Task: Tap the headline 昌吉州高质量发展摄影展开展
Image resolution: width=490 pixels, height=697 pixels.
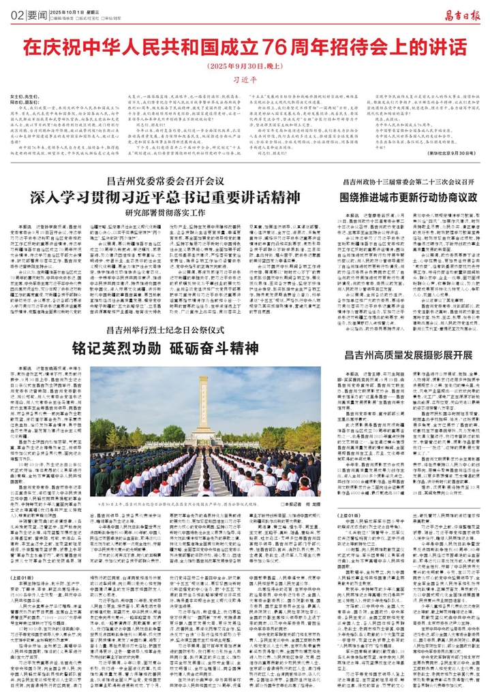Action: (x=405, y=355)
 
